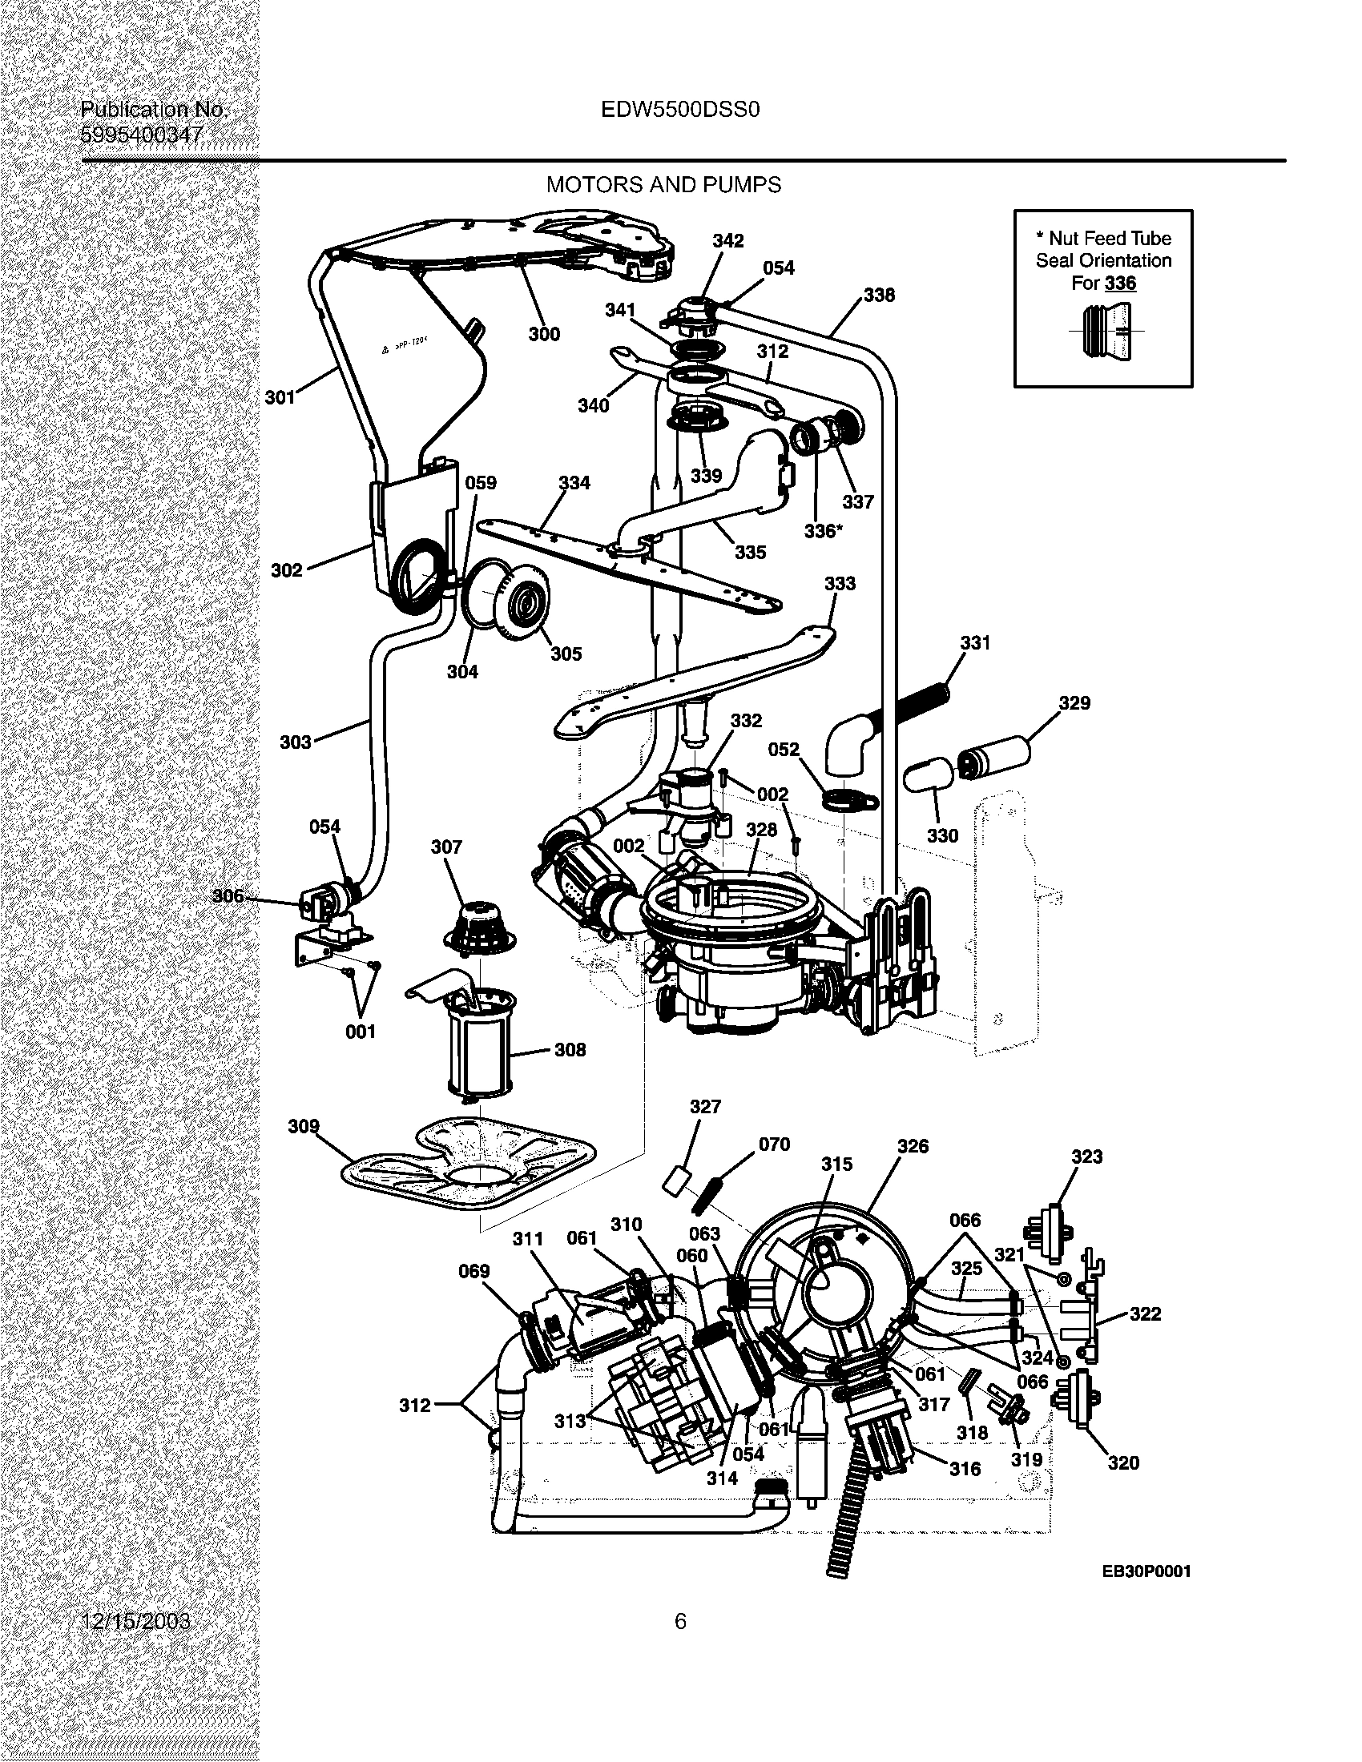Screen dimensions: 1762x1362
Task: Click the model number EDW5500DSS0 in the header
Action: click(680, 110)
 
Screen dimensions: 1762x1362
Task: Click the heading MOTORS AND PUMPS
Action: click(663, 185)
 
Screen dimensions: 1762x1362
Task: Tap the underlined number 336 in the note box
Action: click(1120, 284)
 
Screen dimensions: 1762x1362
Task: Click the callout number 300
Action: click(544, 334)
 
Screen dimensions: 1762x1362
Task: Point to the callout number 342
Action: click(727, 240)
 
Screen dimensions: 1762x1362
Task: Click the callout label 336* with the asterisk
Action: click(823, 531)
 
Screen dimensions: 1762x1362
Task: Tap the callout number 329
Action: click(1074, 702)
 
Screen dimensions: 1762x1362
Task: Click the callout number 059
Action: click(481, 482)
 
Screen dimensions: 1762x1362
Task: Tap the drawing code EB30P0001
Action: click(1146, 1571)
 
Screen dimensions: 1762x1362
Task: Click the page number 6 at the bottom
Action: click(680, 1621)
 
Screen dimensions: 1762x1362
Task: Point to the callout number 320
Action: click(1122, 1462)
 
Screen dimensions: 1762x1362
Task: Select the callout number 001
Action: click(360, 1031)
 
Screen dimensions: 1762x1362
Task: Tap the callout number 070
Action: click(774, 1144)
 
